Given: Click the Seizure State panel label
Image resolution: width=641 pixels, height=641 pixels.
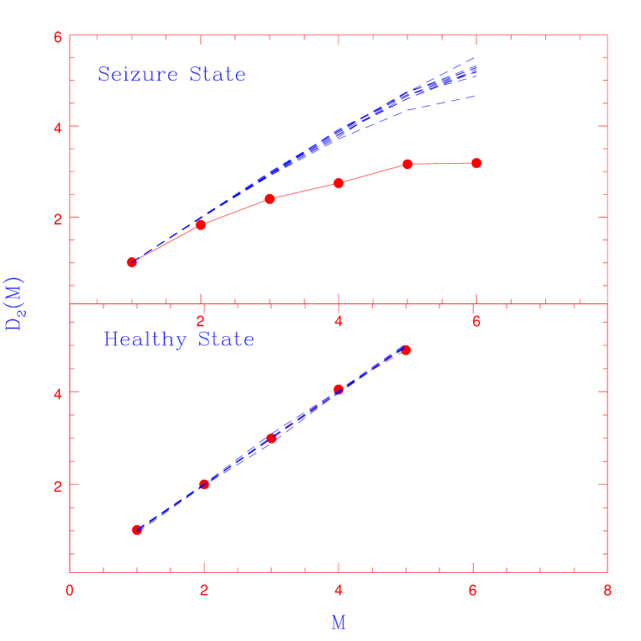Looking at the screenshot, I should [x=171, y=75].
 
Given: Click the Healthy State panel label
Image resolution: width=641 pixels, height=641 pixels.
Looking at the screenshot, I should [x=178, y=339].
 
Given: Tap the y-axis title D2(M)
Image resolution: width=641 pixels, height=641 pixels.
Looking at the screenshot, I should [x=14, y=303].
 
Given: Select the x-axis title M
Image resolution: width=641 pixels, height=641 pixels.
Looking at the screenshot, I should [x=338, y=623].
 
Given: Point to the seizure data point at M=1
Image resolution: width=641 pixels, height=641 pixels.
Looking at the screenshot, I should [x=132, y=262].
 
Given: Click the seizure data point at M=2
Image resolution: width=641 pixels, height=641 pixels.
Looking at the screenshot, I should [x=201, y=224].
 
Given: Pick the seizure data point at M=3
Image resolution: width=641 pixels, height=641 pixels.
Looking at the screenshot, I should [x=270, y=198].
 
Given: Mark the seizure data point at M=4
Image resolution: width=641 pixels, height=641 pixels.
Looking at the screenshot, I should [x=339, y=183].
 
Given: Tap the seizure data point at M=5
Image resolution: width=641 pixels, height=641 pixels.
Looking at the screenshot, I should [x=407, y=164].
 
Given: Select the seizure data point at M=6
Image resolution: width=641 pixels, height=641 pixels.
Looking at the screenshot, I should [x=476, y=163].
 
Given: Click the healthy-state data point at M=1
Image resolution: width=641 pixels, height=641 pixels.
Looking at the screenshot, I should [x=137, y=529].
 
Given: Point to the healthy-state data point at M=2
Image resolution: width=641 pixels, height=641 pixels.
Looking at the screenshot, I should [x=204, y=484].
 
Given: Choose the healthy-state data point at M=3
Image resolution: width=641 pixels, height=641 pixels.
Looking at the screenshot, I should [x=271, y=438].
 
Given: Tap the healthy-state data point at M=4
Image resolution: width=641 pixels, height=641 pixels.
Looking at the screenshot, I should [x=339, y=390].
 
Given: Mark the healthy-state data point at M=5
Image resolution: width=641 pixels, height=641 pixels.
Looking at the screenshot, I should [x=406, y=349].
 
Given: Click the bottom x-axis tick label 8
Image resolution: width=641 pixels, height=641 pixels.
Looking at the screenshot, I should [x=607, y=590].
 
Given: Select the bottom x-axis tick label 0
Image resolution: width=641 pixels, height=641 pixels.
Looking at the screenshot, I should [x=70, y=590].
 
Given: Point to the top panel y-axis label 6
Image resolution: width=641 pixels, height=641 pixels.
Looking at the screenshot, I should [x=57, y=37].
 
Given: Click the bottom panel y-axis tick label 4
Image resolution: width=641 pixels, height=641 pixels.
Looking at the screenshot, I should [x=57, y=392].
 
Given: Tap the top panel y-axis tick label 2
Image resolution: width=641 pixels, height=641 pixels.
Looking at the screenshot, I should [x=57, y=218].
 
